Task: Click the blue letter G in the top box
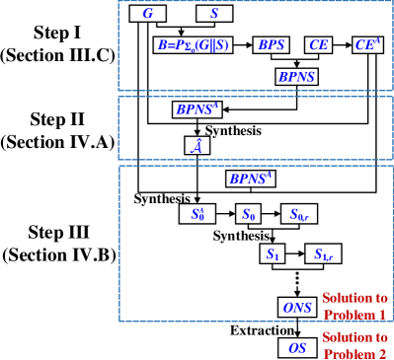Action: [x=148, y=13]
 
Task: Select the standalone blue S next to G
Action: [x=214, y=13]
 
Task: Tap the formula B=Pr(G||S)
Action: [x=194, y=45]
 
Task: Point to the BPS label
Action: [x=272, y=45]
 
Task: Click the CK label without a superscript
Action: [x=318, y=45]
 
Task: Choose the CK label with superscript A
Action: [x=367, y=44]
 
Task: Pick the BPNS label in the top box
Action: [x=296, y=76]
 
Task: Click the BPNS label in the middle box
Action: [x=197, y=109]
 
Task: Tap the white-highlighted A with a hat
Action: [x=196, y=146]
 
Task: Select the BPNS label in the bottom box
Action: [x=251, y=179]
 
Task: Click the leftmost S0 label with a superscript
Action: [x=198, y=213]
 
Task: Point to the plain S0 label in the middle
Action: [x=249, y=213]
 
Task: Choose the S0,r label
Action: [x=299, y=214]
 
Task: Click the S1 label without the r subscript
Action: [x=273, y=254]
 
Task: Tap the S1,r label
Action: [x=323, y=255]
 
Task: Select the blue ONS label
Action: [x=297, y=308]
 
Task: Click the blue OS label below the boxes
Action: [x=296, y=348]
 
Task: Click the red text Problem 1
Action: [x=355, y=315]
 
